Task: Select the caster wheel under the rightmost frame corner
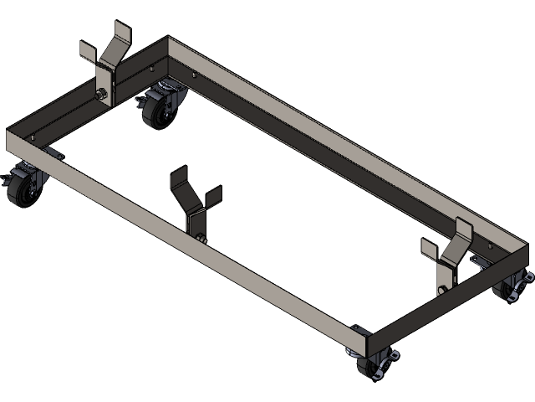pyautogui.click(x=507, y=290)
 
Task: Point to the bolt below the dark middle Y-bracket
pyautogui.click(x=201, y=240)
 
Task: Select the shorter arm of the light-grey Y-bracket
pyautogui.click(x=87, y=51)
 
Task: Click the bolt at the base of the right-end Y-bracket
pyautogui.click(x=441, y=290)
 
